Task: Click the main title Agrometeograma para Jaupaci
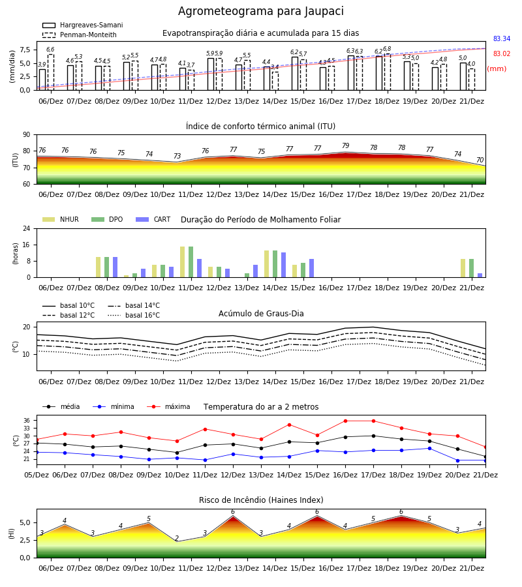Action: (x=260, y=11)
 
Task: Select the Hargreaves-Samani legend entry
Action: (x=82, y=25)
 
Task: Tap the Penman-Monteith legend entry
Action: (x=80, y=35)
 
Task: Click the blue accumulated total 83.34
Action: (x=502, y=39)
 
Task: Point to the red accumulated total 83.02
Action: (x=502, y=54)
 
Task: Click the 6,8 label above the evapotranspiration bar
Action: (x=387, y=49)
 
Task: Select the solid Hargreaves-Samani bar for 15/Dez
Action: (x=295, y=73)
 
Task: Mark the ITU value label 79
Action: (x=345, y=145)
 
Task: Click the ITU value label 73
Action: (x=177, y=156)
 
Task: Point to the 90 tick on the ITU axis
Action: (x=26, y=135)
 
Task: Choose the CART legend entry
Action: (x=153, y=219)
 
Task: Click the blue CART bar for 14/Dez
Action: (x=283, y=265)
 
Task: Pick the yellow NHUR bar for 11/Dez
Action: (x=182, y=262)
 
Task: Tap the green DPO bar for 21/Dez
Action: (x=472, y=268)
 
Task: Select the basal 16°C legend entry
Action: (x=134, y=316)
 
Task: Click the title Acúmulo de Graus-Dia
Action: (x=261, y=314)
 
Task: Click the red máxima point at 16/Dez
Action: (x=345, y=421)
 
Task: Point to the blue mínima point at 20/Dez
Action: (x=457, y=460)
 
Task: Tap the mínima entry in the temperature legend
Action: (x=114, y=406)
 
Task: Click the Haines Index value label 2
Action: (x=177, y=538)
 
